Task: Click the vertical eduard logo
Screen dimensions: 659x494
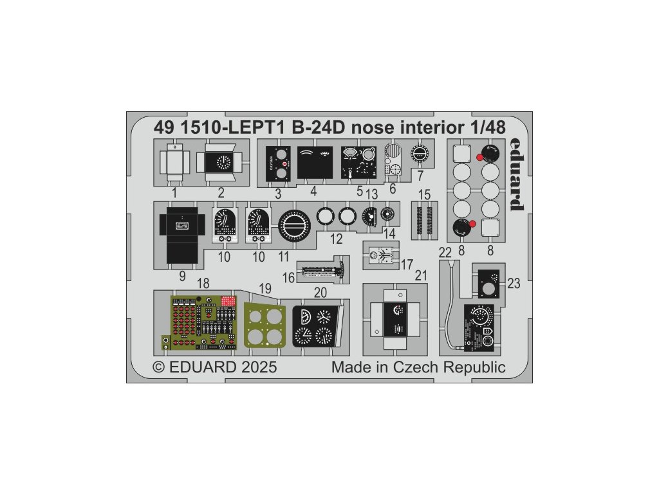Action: pos(515,174)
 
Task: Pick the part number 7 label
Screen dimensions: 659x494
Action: pos(420,175)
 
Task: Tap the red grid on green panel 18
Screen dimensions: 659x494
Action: pos(228,300)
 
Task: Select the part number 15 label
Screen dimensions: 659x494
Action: pos(423,194)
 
